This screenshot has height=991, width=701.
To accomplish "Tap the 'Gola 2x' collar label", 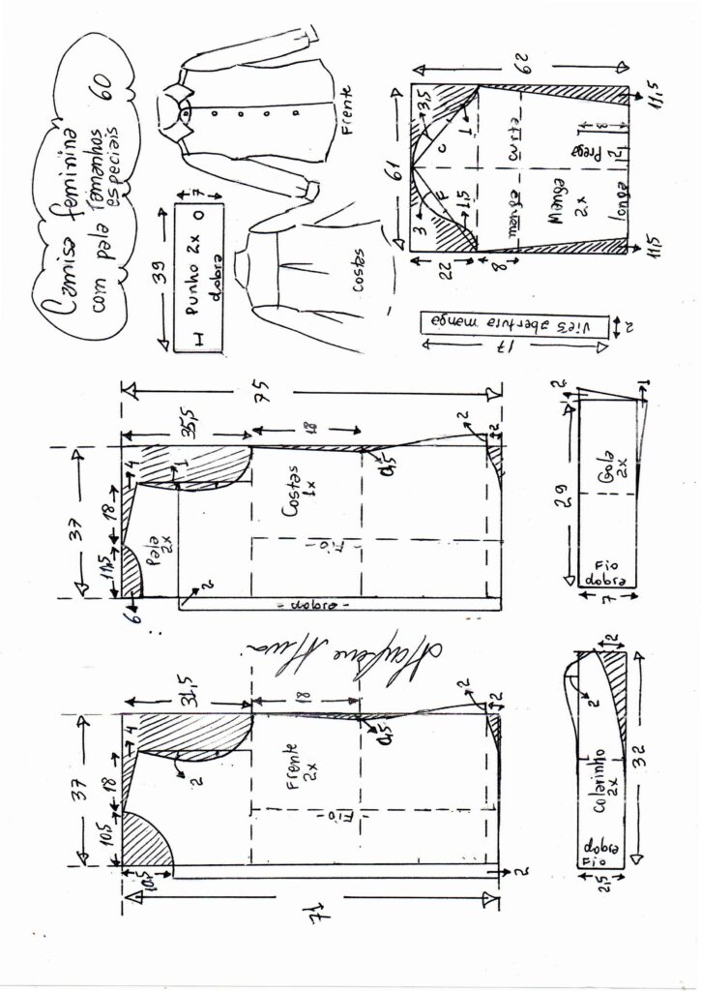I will point(605,473).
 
